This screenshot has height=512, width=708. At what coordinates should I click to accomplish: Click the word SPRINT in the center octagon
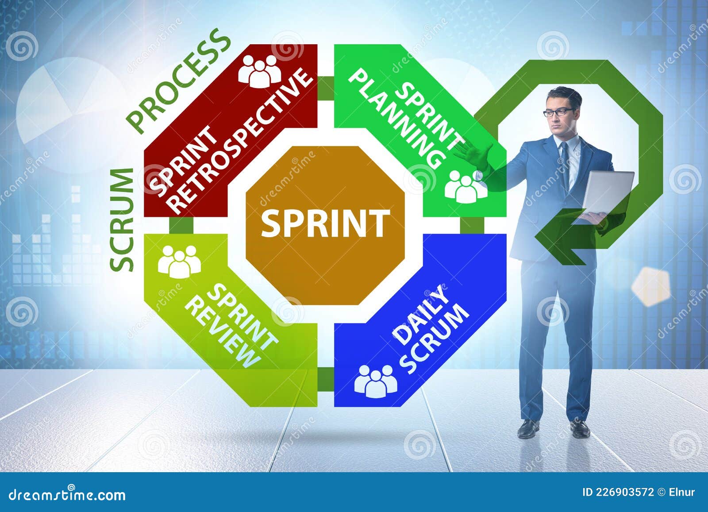point(325,223)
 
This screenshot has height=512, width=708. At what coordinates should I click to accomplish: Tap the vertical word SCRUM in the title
point(122,219)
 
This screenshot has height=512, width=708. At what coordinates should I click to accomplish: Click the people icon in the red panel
point(260,71)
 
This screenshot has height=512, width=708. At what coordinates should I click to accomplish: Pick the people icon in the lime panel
point(179,261)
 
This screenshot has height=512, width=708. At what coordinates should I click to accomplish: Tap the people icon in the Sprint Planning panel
point(466,186)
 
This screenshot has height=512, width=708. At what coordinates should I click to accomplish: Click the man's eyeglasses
point(559,112)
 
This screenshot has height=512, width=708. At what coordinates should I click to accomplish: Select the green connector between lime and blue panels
point(326,379)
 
